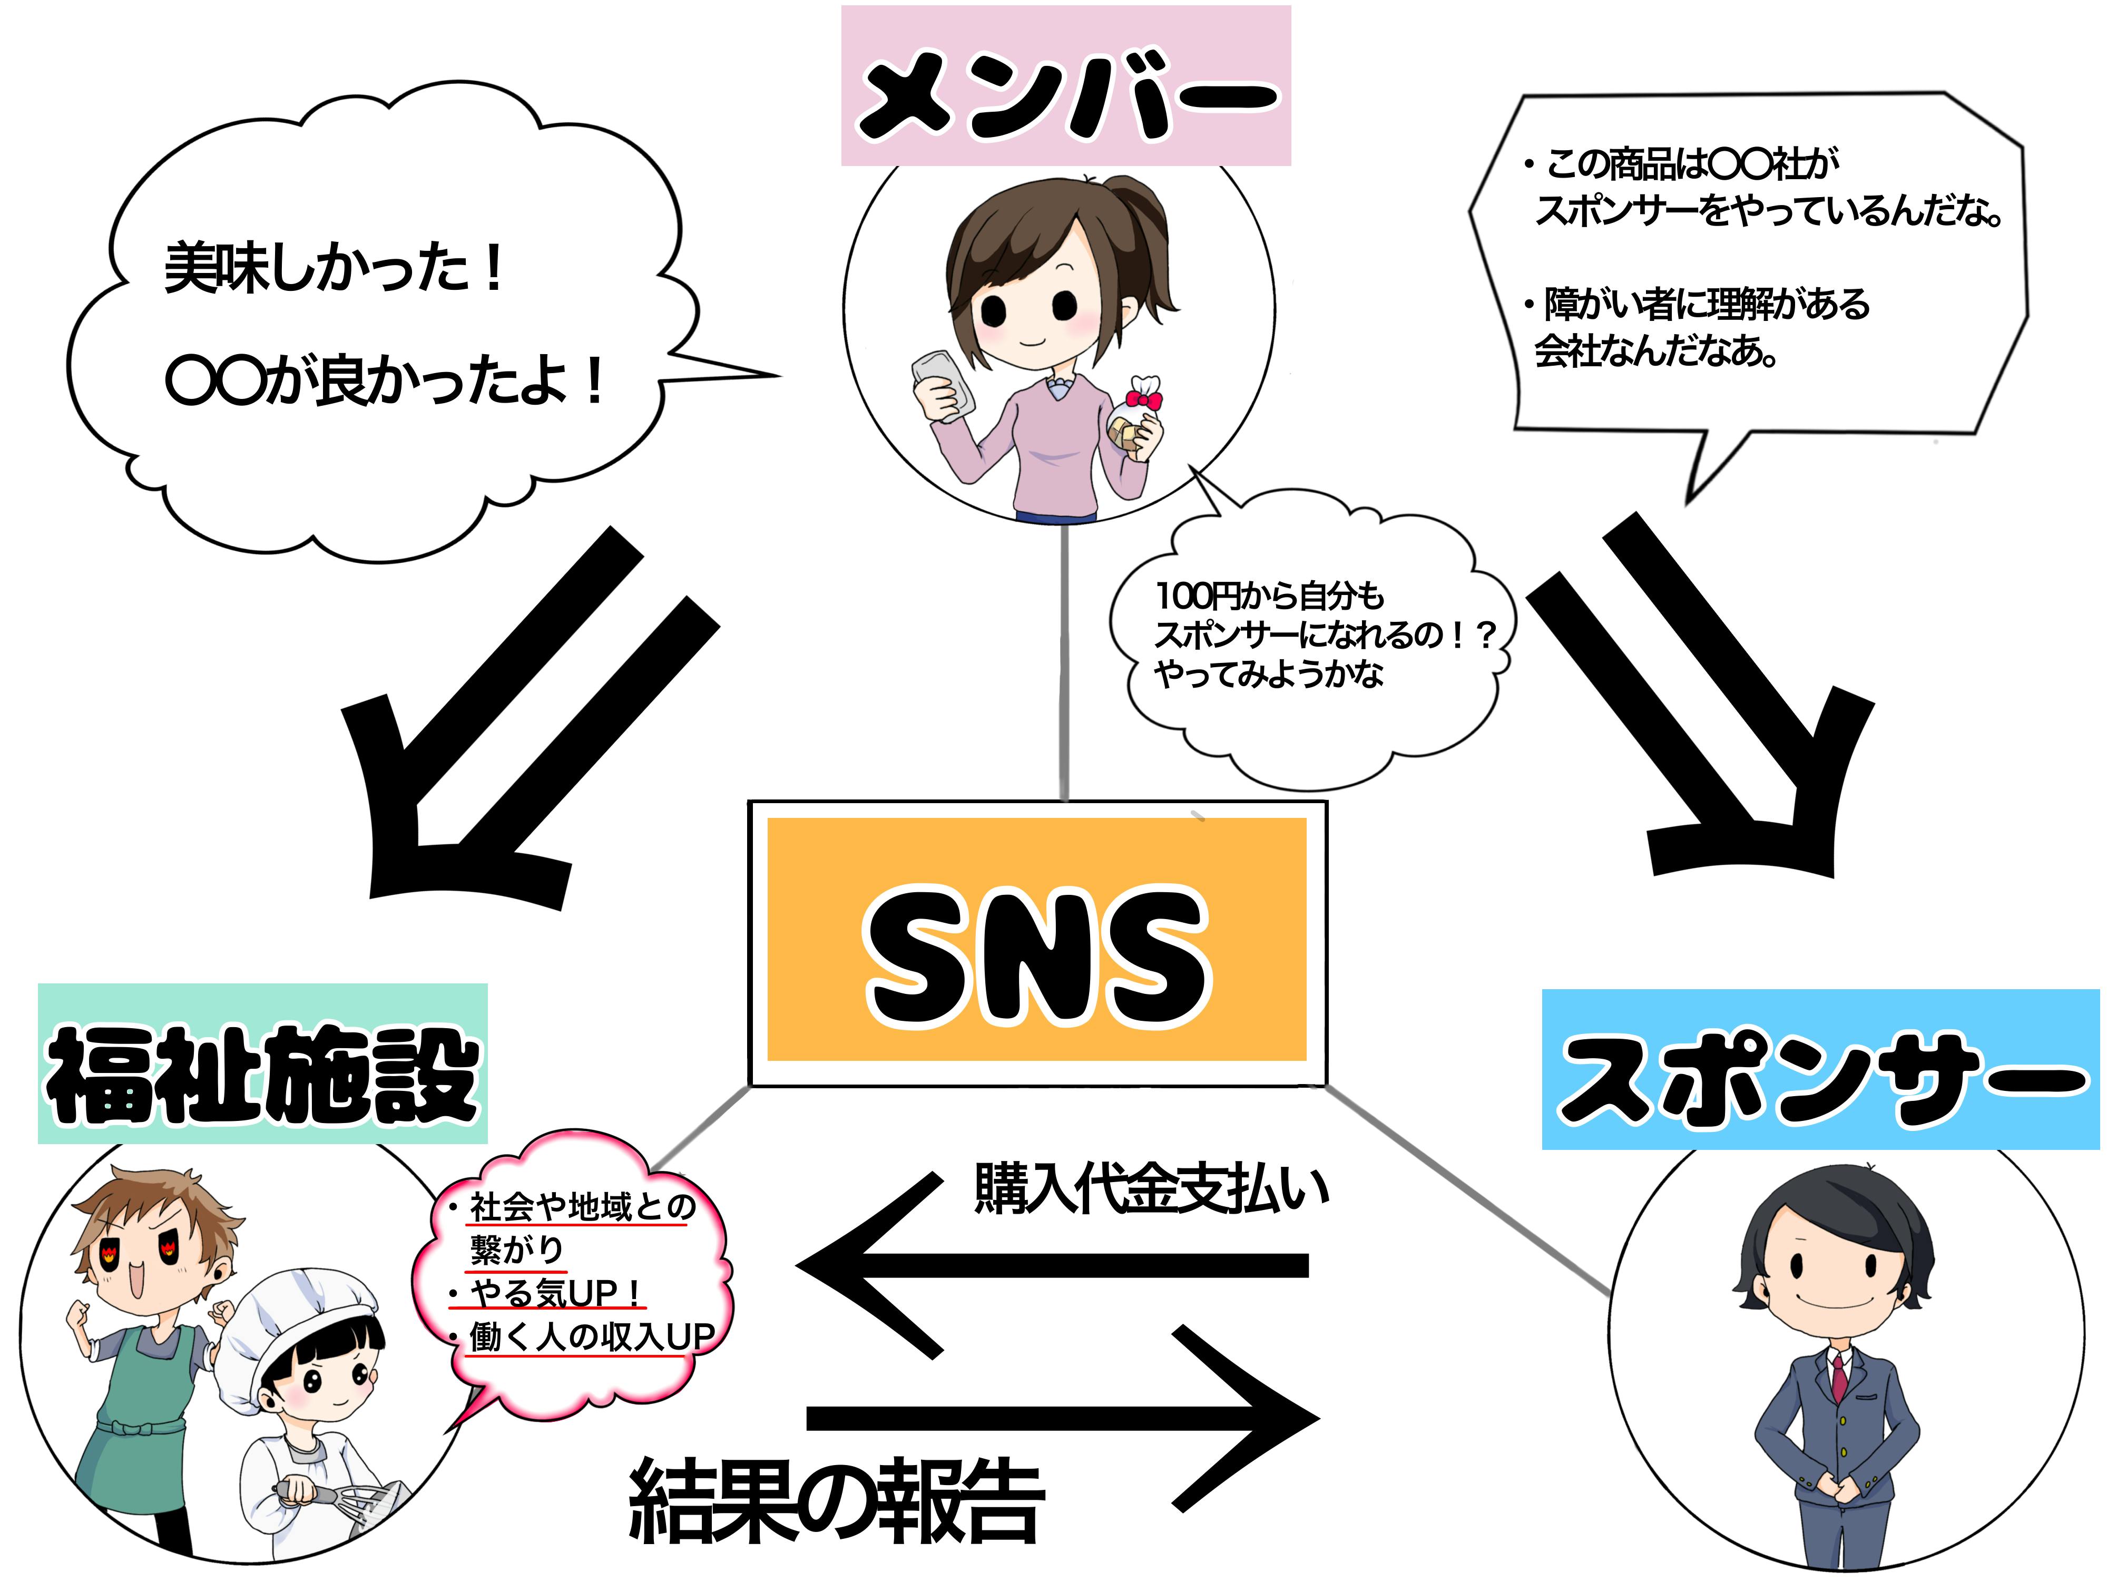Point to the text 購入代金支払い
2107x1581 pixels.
[x=1151, y=1189]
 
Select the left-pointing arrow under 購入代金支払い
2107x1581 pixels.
[x=1048, y=1265]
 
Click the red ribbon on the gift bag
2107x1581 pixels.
[x=1143, y=395]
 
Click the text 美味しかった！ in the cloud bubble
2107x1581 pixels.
[x=334, y=269]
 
